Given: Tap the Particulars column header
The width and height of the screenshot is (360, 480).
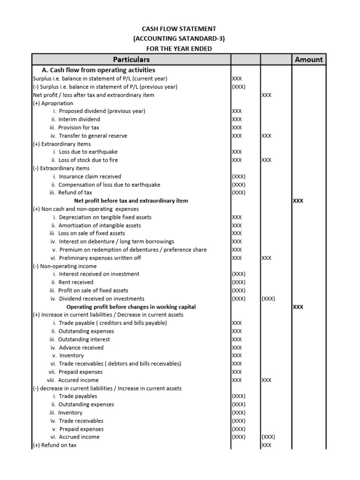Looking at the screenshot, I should [x=131, y=60].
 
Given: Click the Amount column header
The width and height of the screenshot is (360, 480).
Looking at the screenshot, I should [x=308, y=60].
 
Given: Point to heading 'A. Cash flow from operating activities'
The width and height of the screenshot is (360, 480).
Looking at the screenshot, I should [x=102, y=70].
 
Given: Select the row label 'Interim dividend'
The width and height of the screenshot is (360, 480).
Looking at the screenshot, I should [x=79, y=120].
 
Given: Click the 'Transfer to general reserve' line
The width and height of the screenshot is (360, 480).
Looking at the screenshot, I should [x=92, y=135].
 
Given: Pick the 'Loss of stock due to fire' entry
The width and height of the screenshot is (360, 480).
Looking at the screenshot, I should [x=88, y=160].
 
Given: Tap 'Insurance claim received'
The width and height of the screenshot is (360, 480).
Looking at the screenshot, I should [x=90, y=176].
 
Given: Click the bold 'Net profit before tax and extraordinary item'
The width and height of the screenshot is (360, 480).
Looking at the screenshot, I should [x=131, y=201].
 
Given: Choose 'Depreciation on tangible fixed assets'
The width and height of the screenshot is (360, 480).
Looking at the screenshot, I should [x=105, y=217].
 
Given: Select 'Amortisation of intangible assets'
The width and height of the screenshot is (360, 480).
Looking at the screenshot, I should [x=100, y=225].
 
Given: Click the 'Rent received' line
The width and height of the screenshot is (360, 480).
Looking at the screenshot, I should [x=75, y=282].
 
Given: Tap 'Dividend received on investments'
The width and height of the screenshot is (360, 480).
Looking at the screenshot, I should [x=101, y=299].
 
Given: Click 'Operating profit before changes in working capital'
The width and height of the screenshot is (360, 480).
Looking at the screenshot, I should [x=135, y=307].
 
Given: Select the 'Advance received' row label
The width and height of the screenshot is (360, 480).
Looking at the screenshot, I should [x=81, y=347].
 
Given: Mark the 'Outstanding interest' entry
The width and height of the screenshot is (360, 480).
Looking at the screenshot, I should [x=84, y=339].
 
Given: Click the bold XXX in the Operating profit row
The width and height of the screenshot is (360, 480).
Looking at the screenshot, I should [x=298, y=307].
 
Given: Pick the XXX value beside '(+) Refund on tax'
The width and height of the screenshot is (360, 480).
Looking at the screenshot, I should [x=266, y=445].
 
